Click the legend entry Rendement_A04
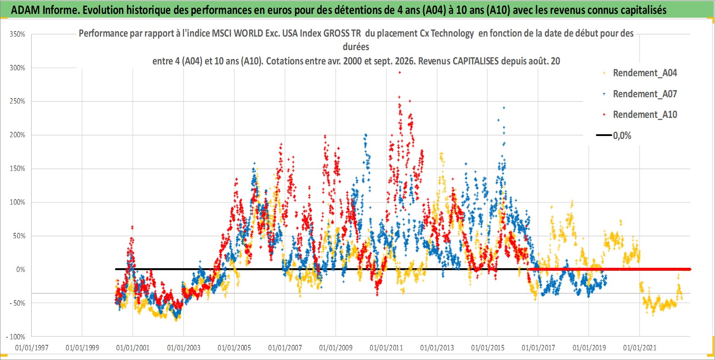640,73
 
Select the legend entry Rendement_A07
640,94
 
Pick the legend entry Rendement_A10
640,115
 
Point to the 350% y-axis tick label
17,34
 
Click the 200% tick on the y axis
17,135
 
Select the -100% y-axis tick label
15,337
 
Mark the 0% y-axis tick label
21,269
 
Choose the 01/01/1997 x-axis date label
32,348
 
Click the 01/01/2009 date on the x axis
336,348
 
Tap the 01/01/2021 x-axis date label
640,348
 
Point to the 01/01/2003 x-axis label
184,348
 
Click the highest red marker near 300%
400,73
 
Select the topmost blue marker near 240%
504,108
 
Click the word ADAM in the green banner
26,10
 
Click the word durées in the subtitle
356,47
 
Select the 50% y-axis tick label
19,236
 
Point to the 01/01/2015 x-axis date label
488,348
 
